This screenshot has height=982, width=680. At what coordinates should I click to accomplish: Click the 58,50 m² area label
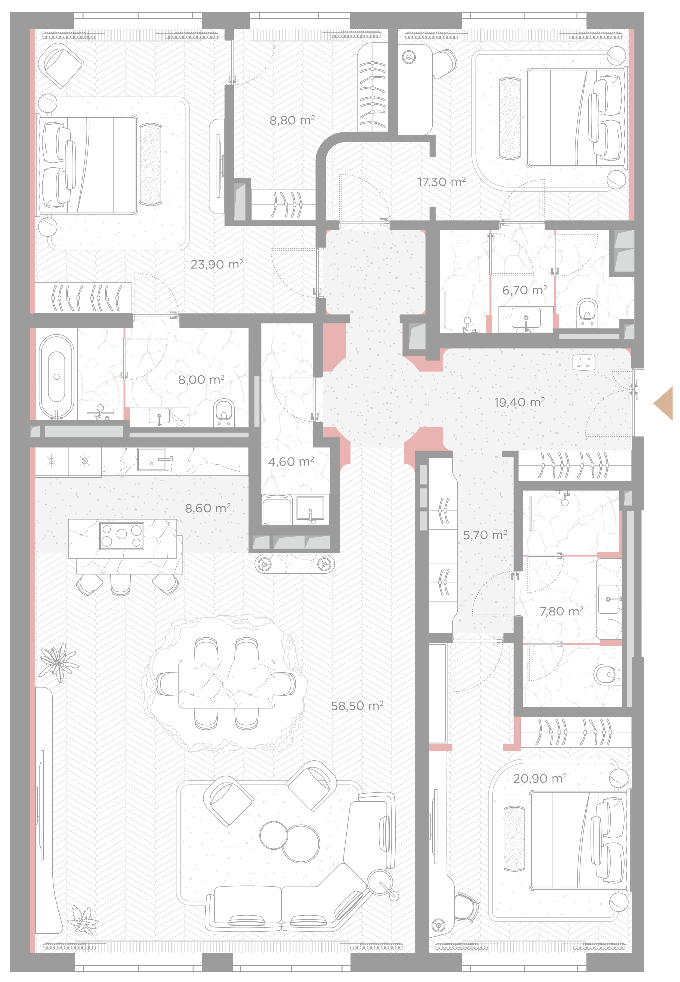357,706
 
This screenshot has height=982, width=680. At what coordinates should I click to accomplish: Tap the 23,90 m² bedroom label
217,264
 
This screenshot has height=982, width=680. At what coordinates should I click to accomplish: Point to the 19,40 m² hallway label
519,402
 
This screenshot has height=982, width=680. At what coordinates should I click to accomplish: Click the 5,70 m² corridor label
485,535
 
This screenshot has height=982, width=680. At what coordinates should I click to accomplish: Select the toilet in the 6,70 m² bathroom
587,313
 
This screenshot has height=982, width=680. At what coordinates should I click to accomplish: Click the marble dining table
227,684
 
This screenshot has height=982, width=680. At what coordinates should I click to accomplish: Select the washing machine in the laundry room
277,509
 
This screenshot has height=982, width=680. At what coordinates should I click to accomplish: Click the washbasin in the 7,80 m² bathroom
609,599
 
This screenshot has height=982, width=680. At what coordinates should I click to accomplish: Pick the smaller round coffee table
274,835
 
